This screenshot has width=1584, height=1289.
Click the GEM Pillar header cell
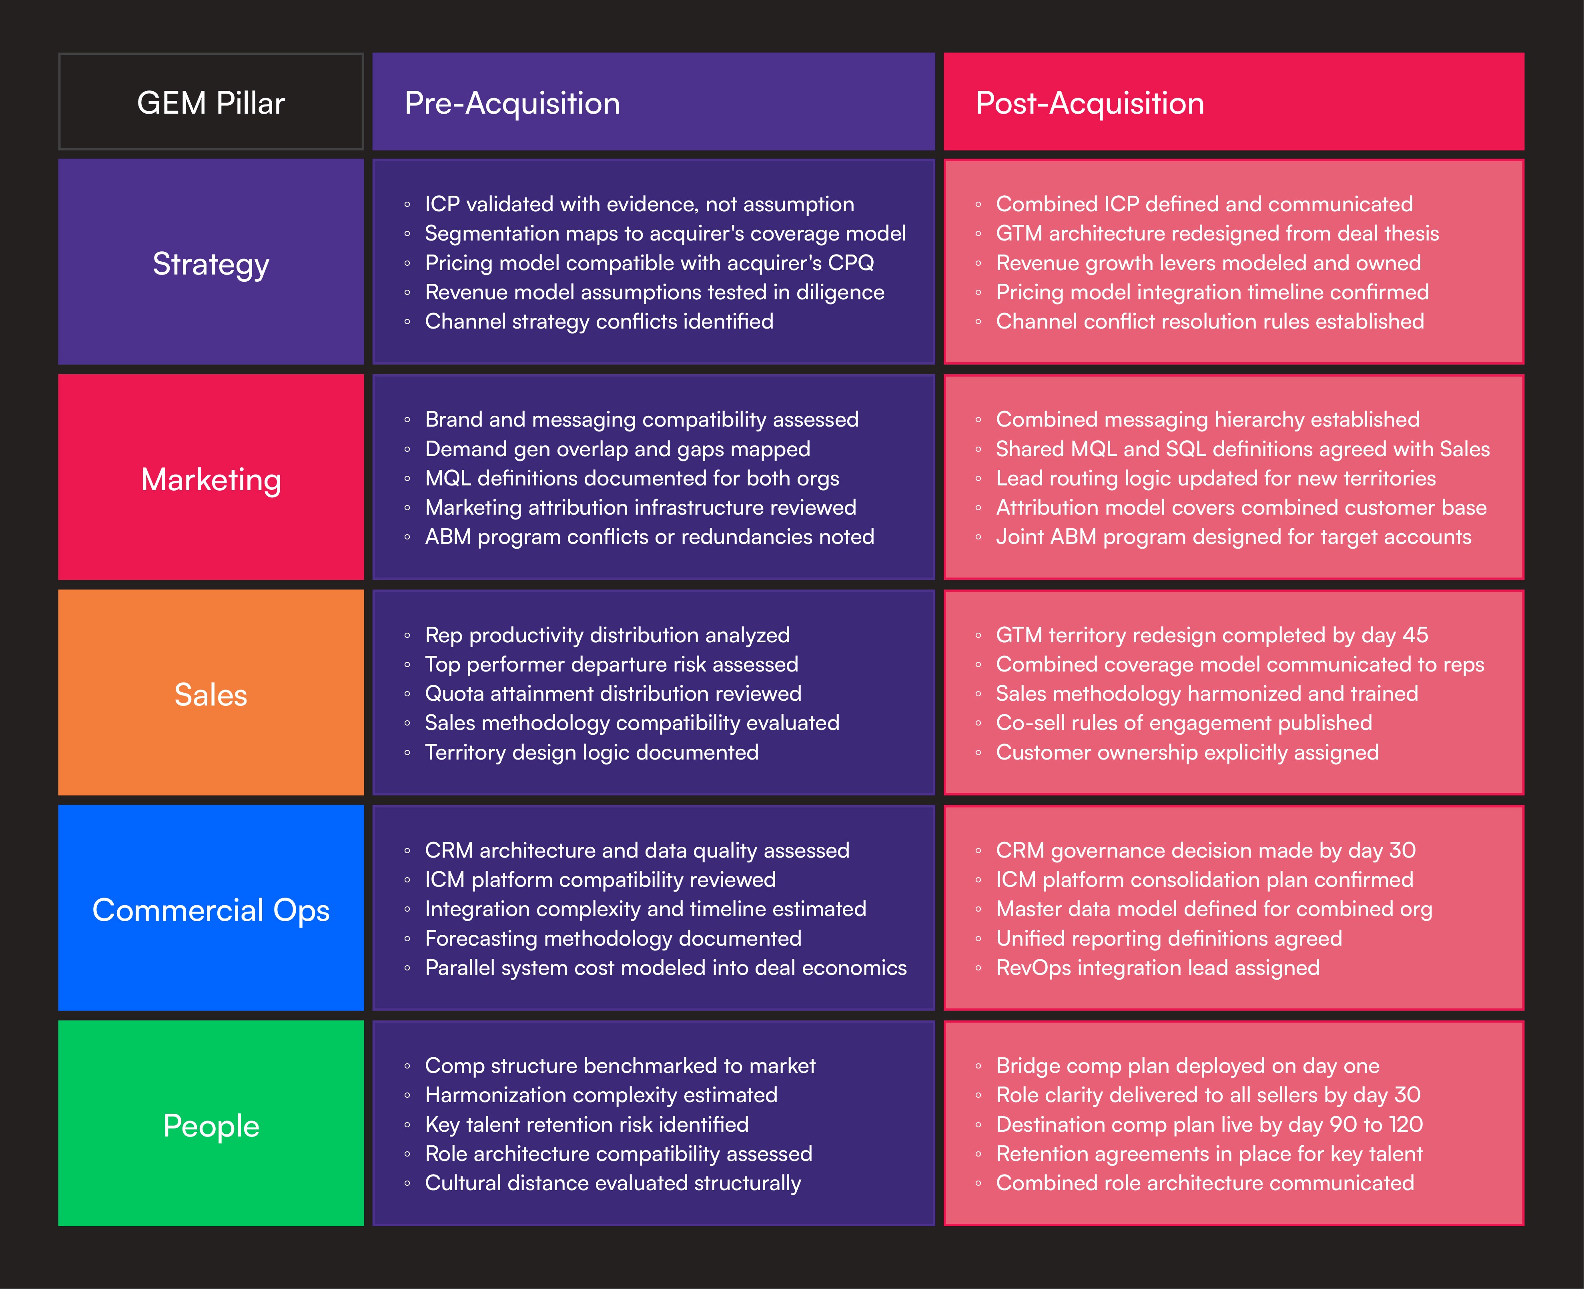tap(211, 102)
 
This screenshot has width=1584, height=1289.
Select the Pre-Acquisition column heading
tap(512, 102)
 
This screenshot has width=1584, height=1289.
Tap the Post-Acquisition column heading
tap(1089, 102)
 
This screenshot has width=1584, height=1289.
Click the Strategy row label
tap(211, 264)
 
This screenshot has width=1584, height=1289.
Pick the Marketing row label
tap(211, 479)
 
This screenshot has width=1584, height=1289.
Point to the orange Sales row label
tap(211, 694)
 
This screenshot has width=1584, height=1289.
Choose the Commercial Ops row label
tap(211, 910)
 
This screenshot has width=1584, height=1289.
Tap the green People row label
tap(211, 1125)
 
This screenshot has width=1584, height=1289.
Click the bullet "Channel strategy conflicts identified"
tap(599, 321)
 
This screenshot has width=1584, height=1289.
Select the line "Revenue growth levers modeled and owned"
tap(1208, 263)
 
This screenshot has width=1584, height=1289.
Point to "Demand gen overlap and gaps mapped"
tap(617, 449)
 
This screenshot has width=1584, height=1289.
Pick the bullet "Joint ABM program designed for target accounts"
tap(1233, 537)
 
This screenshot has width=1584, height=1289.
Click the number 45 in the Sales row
tap(1415, 635)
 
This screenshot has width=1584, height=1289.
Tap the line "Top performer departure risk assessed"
tap(611, 665)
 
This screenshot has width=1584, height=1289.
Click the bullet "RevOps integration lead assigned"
tap(1158, 968)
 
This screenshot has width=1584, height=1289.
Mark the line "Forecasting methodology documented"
tap(613, 938)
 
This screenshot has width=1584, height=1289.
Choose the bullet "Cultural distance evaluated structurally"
tap(613, 1183)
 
